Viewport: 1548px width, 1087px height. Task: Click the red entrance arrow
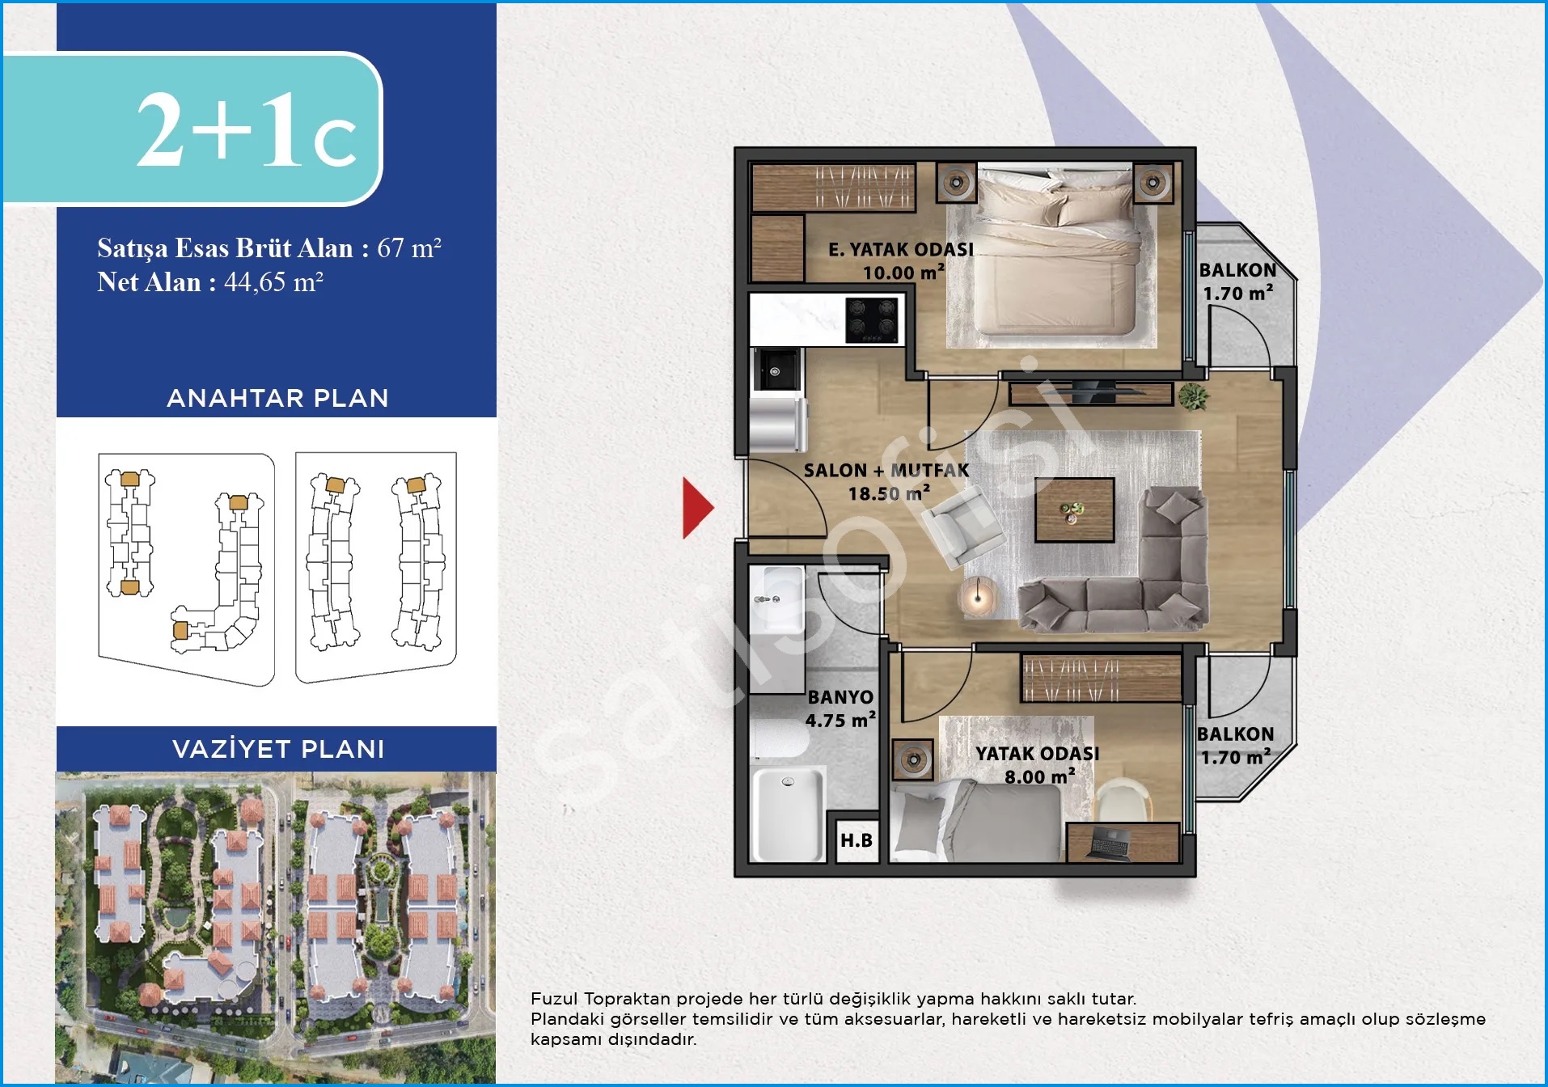coord(696,508)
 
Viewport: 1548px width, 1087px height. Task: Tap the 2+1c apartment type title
coord(246,130)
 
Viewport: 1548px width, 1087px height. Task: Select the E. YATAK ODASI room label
coord(901,250)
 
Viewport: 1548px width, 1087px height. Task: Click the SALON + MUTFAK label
coord(886,470)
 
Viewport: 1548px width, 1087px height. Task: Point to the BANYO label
coord(840,697)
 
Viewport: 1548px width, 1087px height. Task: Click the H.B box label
coord(856,840)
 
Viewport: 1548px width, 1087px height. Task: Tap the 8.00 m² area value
coord(1040,776)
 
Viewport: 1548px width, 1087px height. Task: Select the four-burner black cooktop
coord(872,319)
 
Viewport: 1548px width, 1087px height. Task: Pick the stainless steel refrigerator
coord(778,424)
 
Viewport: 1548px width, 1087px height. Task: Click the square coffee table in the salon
coord(1075,510)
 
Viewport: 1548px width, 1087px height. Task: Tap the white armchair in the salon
coord(962,529)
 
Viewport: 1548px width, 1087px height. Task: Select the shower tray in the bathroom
coord(788,814)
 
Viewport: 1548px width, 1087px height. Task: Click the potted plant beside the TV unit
coord(1192,396)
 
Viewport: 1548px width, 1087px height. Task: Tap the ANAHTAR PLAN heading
coord(277,398)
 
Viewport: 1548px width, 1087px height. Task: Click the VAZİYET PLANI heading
coord(278,749)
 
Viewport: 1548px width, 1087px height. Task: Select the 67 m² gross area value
coord(409,247)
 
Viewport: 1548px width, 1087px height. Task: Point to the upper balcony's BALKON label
coord(1237,270)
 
